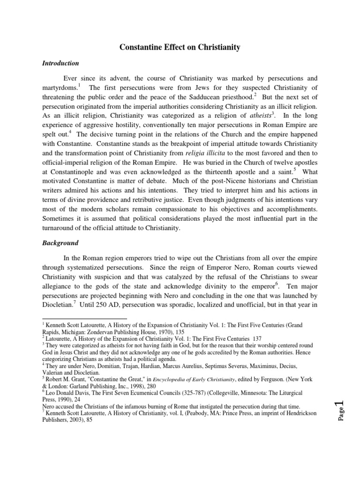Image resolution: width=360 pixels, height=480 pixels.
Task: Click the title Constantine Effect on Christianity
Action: tap(180, 47)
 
